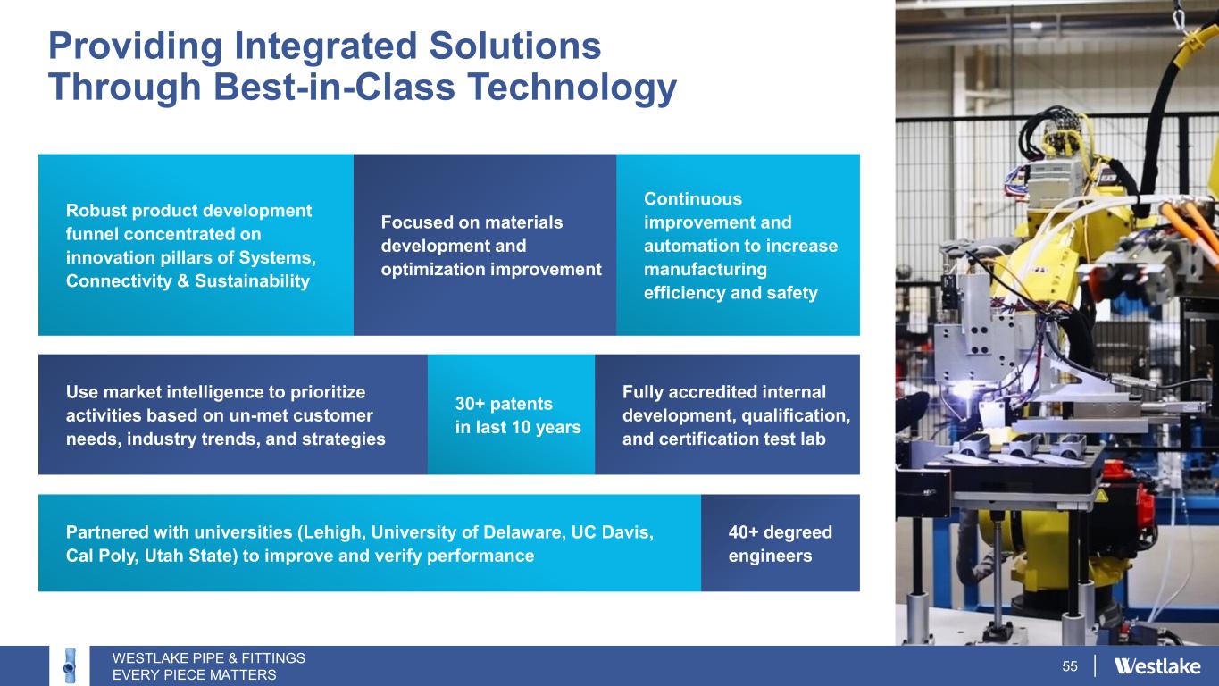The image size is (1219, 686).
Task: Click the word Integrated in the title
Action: pos(326,46)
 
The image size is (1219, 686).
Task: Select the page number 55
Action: pos(1069,666)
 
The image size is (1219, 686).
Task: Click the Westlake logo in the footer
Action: pos(1157,666)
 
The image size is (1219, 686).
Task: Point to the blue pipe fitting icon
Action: pos(70,665)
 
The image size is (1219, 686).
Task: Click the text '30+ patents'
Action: pos(504,404)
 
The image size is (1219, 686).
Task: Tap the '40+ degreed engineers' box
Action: pos(781,543)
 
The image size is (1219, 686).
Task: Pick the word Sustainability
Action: pos(252,281)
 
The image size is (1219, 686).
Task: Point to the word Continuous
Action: pos(693,198)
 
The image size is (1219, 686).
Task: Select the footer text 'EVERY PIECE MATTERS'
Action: pos(195,675)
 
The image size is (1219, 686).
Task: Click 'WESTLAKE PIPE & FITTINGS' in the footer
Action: pos(209,658)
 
